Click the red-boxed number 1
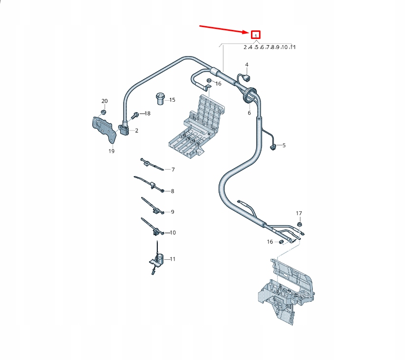pos(256,35)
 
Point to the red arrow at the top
pos(224,29)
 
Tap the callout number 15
pos(172,100)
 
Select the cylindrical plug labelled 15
pos(160,99)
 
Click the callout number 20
pos(105,101)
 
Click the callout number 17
pos(299,213)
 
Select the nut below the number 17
pos(299,224)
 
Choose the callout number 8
pos(172,191)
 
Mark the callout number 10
pos(173,233)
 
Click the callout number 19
pos(111,151)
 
